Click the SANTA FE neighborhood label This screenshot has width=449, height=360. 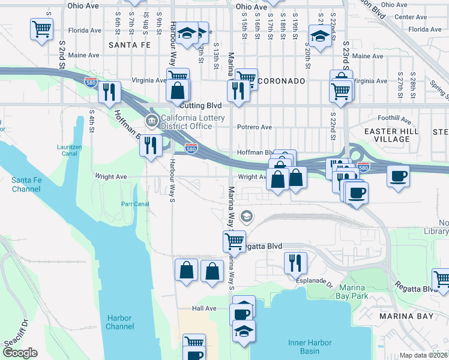click(x=130, y=45)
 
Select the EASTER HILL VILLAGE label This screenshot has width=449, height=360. click(x=388, y=135)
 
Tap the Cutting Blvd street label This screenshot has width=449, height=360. click(x=197, y=105)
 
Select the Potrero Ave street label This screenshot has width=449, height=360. click(x=255, y=127)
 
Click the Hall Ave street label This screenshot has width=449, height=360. click(x=203, y=308)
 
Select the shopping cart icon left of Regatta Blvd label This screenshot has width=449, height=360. click(x=234, y=241)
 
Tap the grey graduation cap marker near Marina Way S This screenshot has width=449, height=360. click(x=246, y=215)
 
